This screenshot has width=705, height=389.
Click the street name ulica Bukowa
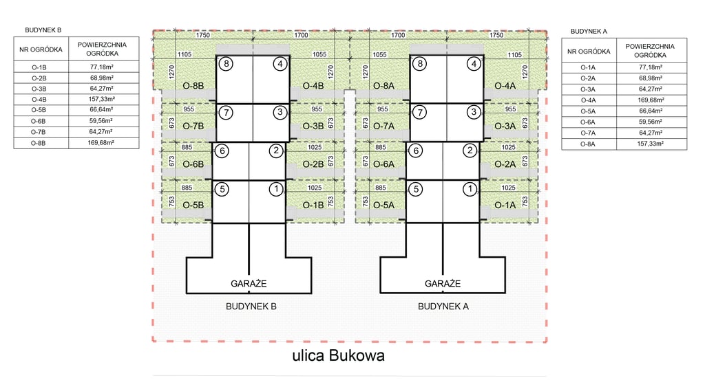coord(337,356)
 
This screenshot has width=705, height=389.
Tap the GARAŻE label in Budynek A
coord(443,283)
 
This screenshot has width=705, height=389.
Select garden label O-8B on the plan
coord(194,86)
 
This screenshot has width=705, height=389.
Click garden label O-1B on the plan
coord(313,205)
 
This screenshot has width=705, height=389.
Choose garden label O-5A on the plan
coord(383,205)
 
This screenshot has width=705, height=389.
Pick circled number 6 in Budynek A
coord(414,151)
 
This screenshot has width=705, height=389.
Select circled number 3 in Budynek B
coord(279,112)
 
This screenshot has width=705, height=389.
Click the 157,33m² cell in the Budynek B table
coord(102,99)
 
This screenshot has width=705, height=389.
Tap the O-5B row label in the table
coord(39,110)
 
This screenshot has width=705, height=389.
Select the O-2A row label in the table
coord(587,78)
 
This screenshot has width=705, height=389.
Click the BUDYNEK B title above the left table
coord(43,30)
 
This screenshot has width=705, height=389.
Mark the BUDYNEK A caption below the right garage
coord(443,307)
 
